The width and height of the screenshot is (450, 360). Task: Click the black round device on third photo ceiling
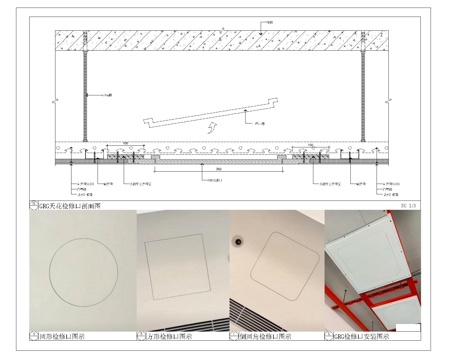pos(239,242)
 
